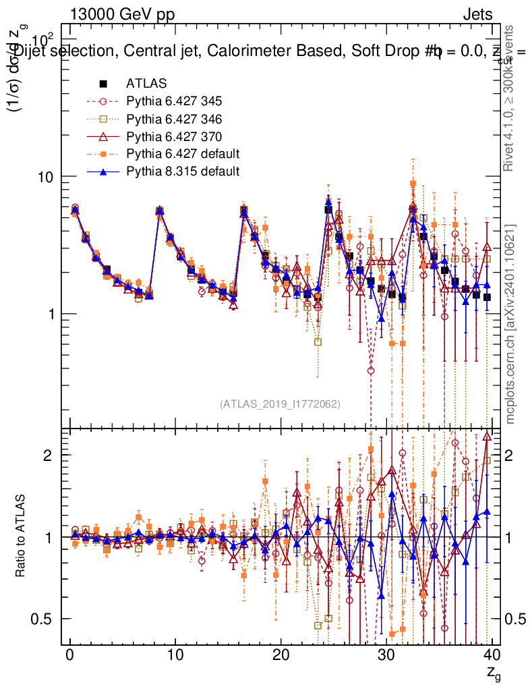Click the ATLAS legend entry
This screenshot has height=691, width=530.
coord(146,84)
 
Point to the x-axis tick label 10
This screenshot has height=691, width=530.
coord(175,655)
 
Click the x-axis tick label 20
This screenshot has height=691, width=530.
coord(281,655)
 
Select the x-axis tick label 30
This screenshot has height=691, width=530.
coord(386,655)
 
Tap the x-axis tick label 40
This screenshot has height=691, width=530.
coord(492,655)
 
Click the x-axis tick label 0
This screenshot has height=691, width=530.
coord(69,655)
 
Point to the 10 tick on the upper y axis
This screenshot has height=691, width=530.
coord(47,176)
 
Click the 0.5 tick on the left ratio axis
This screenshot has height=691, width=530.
coord(47,619)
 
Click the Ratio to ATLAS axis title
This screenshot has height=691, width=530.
coord(22,536)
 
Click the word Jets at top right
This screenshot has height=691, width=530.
coord(477,13)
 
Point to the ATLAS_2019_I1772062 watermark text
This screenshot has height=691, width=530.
coord(280,404)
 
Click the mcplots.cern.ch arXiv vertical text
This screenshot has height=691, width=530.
coord(510,324)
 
